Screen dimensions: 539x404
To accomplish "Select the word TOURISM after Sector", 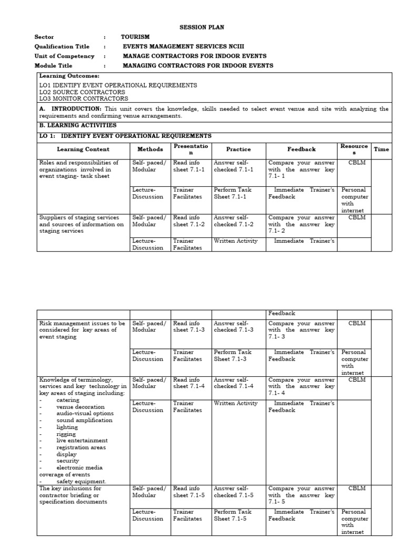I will click(x=135, y=37).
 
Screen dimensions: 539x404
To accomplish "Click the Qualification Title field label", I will click(x=62, y=47).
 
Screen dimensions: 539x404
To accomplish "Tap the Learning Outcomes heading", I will click(x=69, y=76).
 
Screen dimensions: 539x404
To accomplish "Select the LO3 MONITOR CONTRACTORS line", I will click(x=83, y=98).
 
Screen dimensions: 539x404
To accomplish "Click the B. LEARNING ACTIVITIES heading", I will click(x=78, y=126).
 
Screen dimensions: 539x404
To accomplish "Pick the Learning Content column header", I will click(x=83, y=149).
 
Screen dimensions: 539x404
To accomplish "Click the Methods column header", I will click(x=150, y=149).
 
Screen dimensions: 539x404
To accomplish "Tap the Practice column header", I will click(x=238, y=149).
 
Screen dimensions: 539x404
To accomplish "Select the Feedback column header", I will click(x=301, y=149).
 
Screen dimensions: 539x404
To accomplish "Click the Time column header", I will click(x=381, y=149).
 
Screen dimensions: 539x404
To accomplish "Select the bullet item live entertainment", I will click(x=82, y=441).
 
